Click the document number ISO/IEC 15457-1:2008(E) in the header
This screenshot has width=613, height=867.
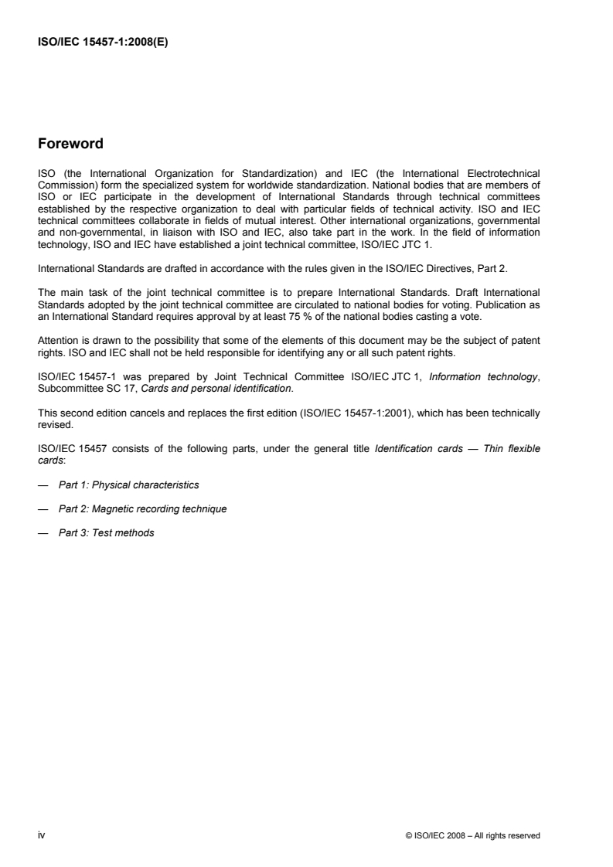tap(103, 43)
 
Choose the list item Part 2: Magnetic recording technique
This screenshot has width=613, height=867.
tap(142, 508)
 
